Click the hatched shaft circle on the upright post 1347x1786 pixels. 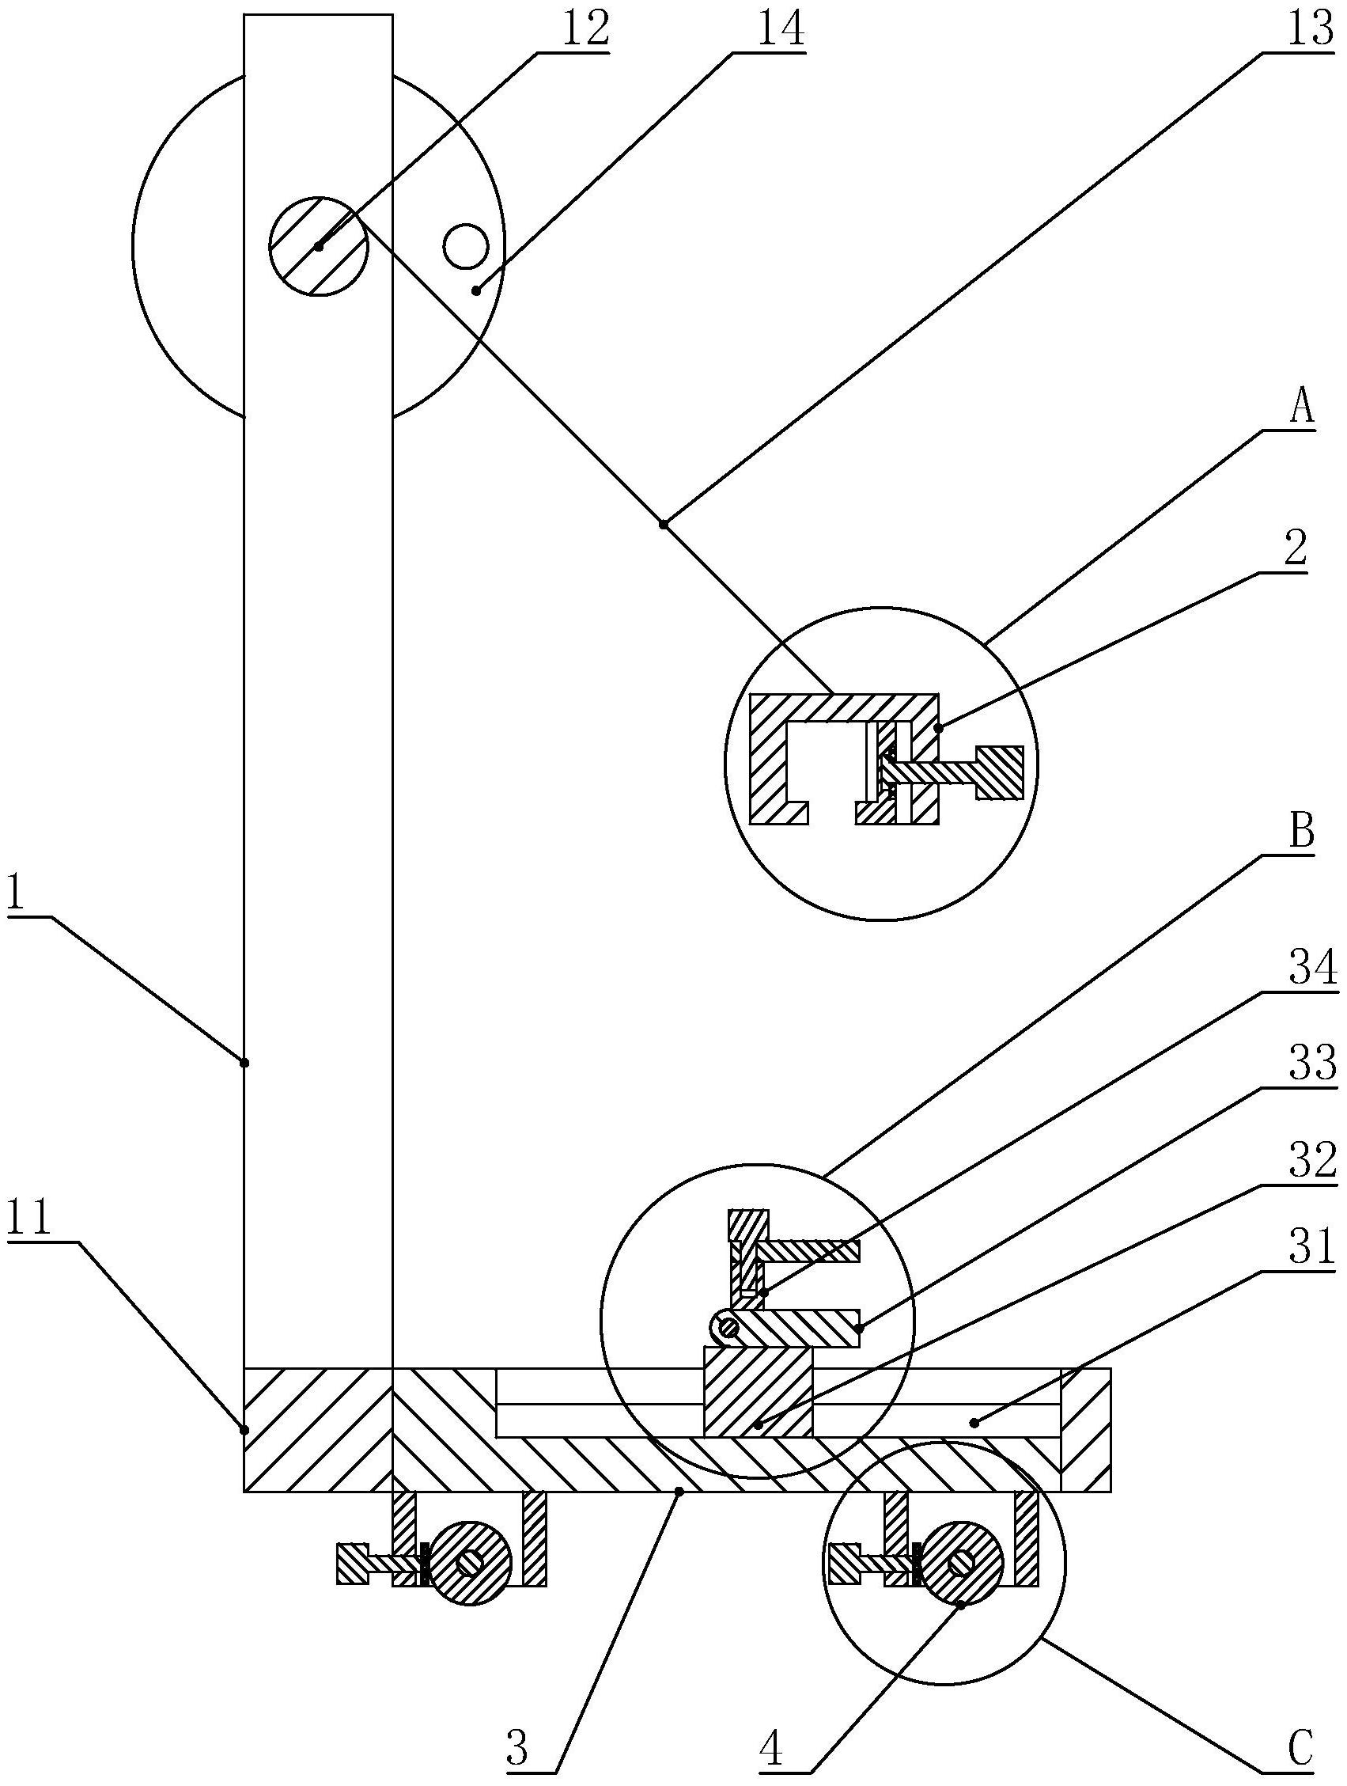[319, 245]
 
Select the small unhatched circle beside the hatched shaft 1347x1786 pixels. [465, 246]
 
